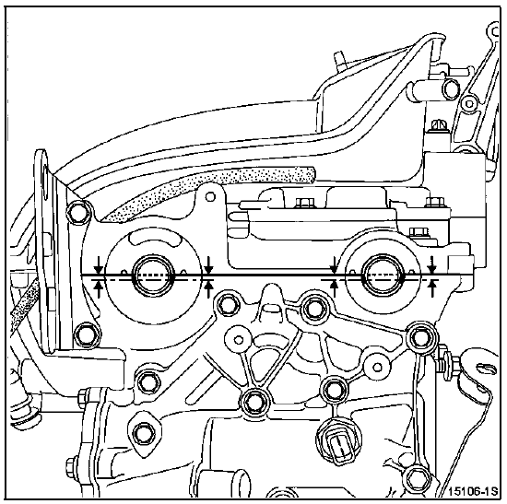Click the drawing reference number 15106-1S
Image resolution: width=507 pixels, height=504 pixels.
click(x=472, y=492)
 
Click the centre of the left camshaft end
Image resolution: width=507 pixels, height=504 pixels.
click(x=152, y=275)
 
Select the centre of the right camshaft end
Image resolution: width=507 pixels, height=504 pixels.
click(x=383, y=275)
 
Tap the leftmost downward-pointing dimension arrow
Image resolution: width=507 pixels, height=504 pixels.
click(x=99, y=265)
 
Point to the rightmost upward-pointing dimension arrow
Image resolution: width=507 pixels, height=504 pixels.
click(x=432, y=287)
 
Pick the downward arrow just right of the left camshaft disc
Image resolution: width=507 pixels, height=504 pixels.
click(x=209, y=265)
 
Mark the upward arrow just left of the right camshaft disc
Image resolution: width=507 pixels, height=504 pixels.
click(x=335, y=287)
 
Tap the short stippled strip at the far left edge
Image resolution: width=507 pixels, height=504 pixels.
click(x=23, y=311)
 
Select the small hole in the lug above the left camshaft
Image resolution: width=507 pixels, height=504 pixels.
click(x=210, y=196)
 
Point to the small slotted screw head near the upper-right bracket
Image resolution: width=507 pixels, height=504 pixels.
click(x=439, y=124)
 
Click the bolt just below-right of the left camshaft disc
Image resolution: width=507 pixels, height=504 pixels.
click(x=228, y=304)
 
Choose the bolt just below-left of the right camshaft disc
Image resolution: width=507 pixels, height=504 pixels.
click(x=312, y=308)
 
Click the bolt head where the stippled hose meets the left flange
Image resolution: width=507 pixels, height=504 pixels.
click(x=77, y=213)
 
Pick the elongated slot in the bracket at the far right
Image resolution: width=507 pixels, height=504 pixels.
click(x=486, y=368)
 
